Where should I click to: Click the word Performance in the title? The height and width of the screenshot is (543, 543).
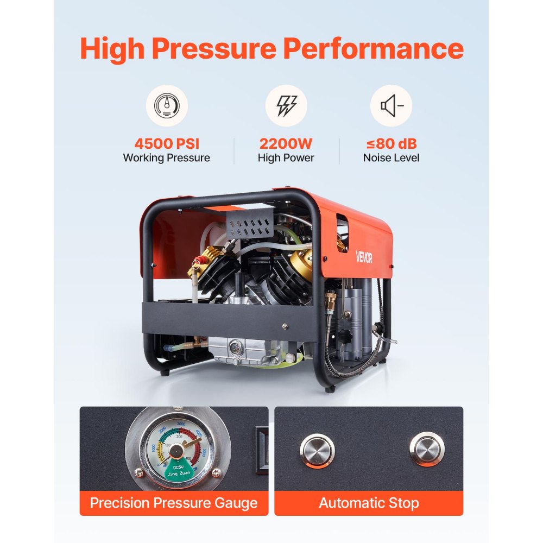tap(373, 48)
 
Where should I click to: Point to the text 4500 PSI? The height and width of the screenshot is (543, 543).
tap(166, 144)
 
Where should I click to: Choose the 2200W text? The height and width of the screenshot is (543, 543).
tap(286, 144)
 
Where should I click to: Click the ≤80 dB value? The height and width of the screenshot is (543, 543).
tap(391, 144)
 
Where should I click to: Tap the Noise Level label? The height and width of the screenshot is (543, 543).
tap(391, 158)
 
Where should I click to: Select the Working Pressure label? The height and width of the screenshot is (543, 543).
tap(166, 158)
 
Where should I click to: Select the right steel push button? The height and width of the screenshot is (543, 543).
tap(427, 449)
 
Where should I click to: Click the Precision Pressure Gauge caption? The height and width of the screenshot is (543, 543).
tap(174, 503)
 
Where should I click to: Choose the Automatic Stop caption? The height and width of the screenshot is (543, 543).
tap(369, 503)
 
